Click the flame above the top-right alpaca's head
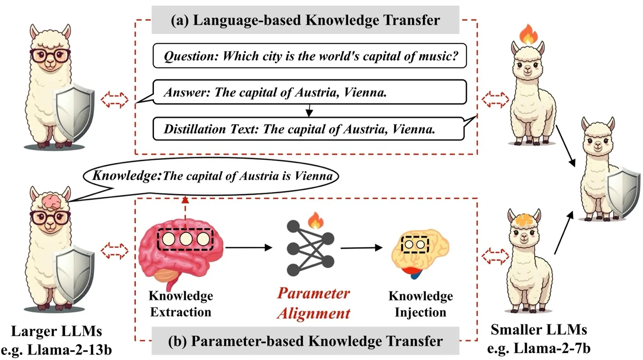coord(529,34)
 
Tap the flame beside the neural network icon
coord(316,220)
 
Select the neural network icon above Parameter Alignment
coord(310,248)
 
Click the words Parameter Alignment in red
coord(314,303)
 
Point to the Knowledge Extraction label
coord(181,304)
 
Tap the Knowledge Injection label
coord(421,304)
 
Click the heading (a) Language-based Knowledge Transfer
coord(305,20)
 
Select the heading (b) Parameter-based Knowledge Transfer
coord(305,341)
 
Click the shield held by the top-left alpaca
coord(74,112)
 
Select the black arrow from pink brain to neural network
coord(248,247)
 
